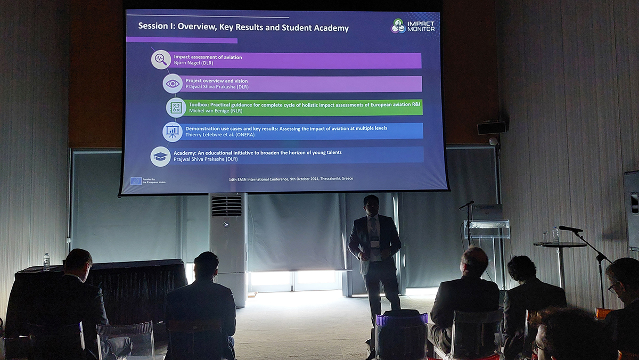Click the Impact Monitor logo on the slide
413,26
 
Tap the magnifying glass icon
161,60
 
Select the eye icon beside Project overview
173,84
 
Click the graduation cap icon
160,157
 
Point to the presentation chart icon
173,132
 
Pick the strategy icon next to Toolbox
176,108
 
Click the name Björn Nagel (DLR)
193,63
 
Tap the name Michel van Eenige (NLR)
216,111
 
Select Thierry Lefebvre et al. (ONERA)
220,135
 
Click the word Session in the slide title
149,26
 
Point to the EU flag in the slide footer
136,181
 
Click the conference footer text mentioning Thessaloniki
291,179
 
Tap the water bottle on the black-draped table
46,262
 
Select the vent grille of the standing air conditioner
226,206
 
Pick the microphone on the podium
466,204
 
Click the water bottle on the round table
555,235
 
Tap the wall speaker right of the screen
491,127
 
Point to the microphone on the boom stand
570,229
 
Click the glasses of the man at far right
612,289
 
